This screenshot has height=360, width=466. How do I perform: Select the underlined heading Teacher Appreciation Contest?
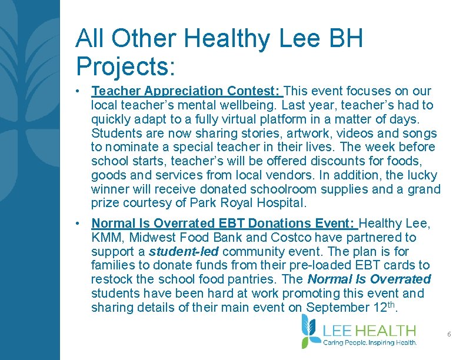click(x=187, y=91)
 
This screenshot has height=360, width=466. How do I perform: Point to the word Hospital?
click(x=281, y=204)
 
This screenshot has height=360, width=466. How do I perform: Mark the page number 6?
click(x=449, y=334)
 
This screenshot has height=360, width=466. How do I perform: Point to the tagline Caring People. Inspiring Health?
click(x=370, y=342)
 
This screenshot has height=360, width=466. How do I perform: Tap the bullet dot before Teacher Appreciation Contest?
click(x=78, y=92)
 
